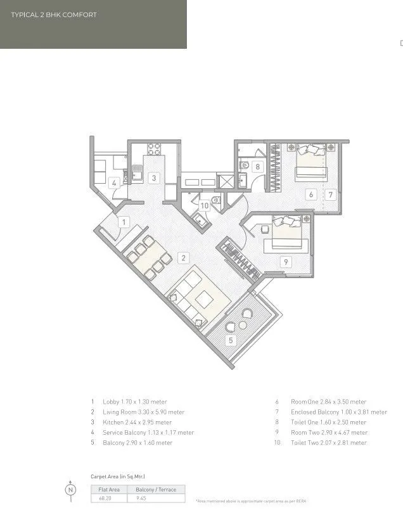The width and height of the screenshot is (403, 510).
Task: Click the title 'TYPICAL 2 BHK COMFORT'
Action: coord(54,15)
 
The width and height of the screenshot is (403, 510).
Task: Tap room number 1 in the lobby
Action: coord(124,222)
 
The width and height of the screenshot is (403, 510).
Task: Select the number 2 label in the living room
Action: coord(182,258)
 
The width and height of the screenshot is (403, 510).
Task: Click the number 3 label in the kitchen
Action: coord(153,178)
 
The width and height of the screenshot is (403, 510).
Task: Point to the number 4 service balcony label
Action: coord(113,184)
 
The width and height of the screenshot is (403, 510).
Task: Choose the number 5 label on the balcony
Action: coord(231,340)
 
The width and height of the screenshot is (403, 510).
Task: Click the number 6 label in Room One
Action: coord(311,194)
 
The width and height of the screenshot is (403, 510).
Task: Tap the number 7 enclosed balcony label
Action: coord(330,194)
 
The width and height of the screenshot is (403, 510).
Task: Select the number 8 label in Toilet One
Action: coord(257,167)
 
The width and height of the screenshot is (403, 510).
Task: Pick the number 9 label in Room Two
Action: coord(286,261)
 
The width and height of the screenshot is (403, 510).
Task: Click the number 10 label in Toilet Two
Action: coord(204,205)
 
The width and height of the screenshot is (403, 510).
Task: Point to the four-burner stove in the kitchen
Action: coord(155,150)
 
